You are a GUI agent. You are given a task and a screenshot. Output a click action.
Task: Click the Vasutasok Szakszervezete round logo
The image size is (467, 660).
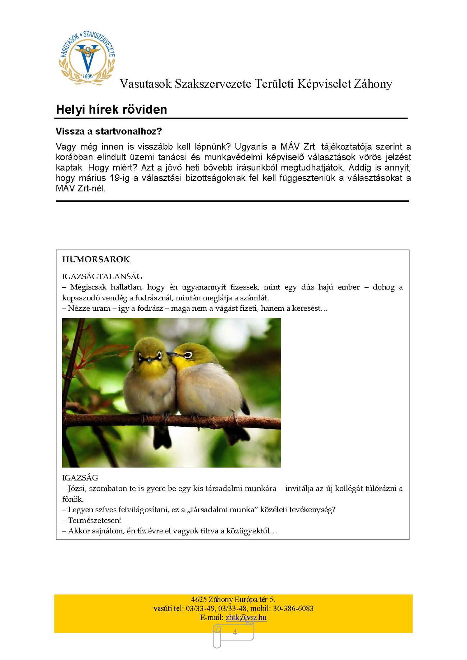[87, 58]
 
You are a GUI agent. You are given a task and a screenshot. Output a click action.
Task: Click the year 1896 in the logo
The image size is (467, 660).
[87, 76]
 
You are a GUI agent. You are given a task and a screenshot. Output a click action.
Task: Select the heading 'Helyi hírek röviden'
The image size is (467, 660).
[111, 110]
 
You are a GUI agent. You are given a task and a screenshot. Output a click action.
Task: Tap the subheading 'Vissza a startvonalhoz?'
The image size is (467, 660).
[109, 131]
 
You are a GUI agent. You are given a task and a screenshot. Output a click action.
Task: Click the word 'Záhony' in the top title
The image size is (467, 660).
[373, 84]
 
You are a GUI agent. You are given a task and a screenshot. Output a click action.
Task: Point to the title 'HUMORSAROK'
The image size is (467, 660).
[96, 259]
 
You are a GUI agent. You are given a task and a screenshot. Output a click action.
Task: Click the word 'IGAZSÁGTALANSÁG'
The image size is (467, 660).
[102, 276]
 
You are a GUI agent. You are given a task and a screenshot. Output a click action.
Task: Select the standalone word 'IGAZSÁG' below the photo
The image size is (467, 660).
[80, 478]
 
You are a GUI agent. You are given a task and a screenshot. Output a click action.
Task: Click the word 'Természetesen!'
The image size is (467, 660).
[94, 520]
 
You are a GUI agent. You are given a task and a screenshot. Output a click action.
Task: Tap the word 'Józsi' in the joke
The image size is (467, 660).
[76, 488]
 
